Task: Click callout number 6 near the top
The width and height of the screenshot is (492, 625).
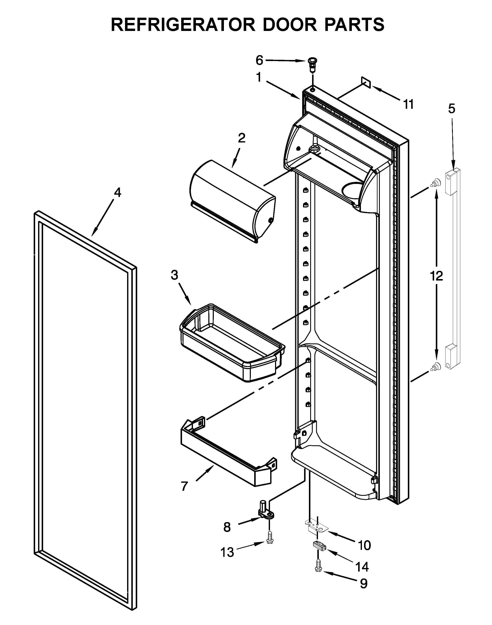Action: pos(259,60)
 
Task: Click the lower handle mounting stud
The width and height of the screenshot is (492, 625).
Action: pos(436,367)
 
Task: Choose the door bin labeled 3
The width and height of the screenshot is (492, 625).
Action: pos(230,343)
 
